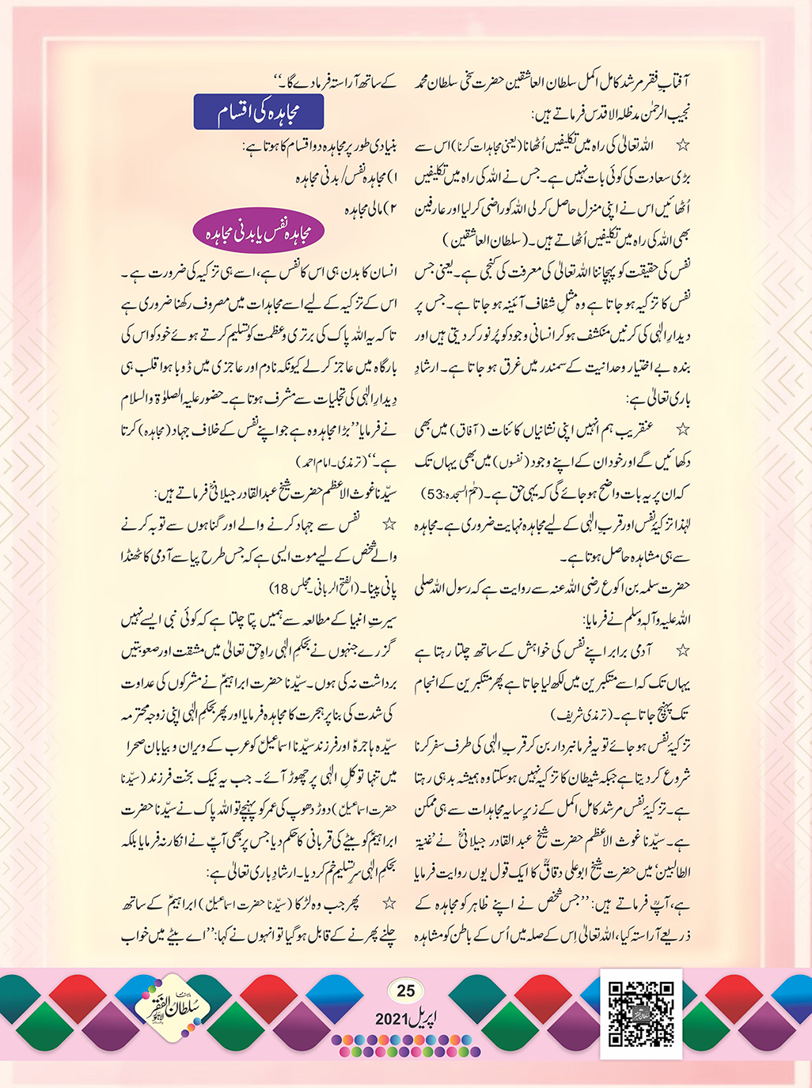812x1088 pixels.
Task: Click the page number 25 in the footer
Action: tap(405, 991)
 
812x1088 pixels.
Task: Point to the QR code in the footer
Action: tap(641, 1014)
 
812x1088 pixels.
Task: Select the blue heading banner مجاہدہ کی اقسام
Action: tap(259, 113)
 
